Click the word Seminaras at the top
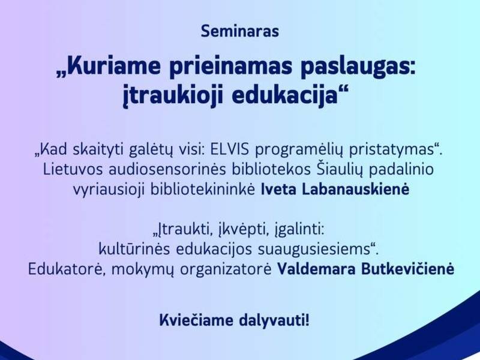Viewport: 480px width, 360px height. point(240,31)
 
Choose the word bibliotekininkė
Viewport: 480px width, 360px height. point(211,190)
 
